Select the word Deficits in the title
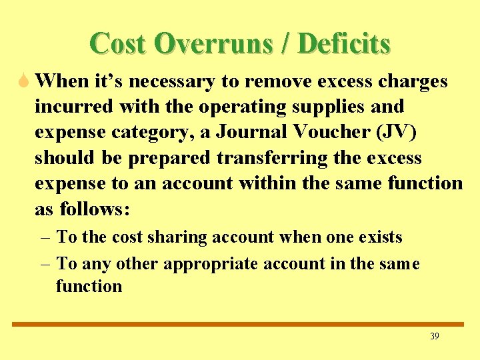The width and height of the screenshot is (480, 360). (344, 44)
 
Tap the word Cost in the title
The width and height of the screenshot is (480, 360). (117, 44)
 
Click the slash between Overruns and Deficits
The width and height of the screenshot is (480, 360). (287, 44)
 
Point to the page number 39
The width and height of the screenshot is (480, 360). (435, 337)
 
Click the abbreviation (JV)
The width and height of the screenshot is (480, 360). (396, 132)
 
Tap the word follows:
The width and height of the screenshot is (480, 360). (95, 209)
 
